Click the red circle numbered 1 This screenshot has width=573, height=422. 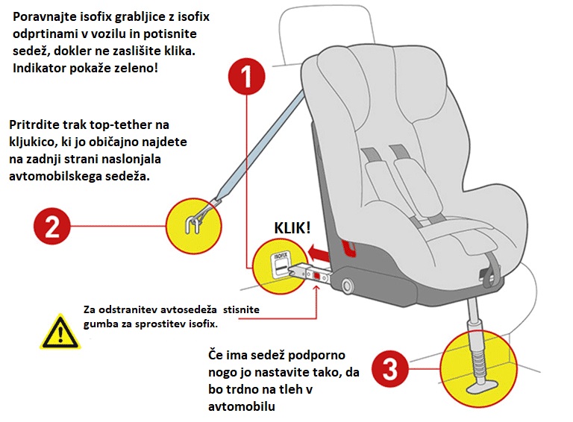pos(246,76)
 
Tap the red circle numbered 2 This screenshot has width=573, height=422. pos(52,226)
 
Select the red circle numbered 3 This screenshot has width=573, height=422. pos(390,369)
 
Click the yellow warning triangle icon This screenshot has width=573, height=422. pos(60,333)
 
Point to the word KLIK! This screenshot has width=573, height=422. pos(292,228)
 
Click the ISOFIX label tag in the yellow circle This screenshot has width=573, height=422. pos(281,263)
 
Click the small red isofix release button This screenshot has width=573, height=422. pos(316,277)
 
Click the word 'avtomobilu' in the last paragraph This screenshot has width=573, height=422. pos(242,406)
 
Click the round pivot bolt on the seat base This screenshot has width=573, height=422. pos(346,286)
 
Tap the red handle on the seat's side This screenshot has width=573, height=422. pos(348,248)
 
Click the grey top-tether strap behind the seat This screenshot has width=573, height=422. pos(260,145)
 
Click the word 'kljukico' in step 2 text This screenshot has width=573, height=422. pos(32,142)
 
